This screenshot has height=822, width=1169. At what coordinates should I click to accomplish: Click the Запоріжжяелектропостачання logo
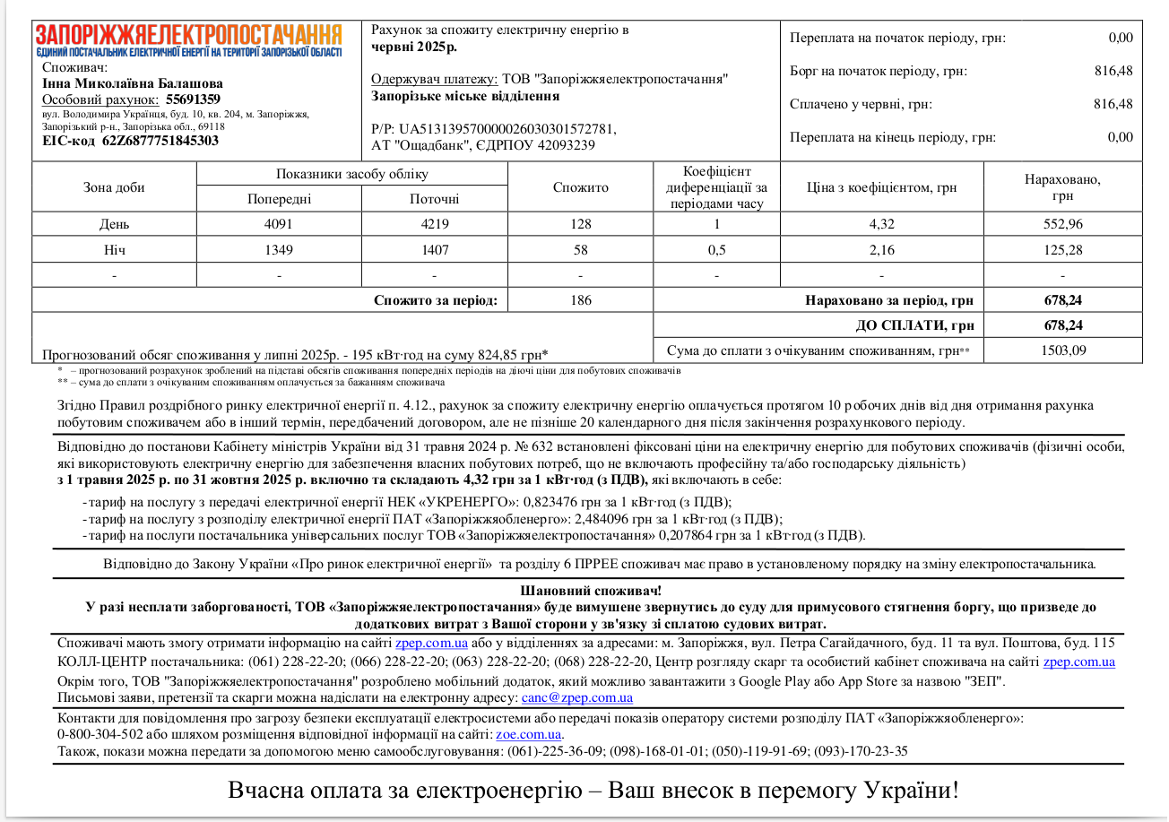[188, 40]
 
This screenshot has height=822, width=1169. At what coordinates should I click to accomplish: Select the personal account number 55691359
[193, 100]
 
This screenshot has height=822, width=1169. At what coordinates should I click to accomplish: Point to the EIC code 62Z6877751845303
[160, 141]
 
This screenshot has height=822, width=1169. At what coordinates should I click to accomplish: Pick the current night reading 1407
[435, 250]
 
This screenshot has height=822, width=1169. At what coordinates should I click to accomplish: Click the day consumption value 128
[580, 224]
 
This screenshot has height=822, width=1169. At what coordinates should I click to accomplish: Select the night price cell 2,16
[881, 250]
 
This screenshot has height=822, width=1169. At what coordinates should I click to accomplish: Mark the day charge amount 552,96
[1062, 224]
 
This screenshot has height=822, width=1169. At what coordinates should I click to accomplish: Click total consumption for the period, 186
[580, 300]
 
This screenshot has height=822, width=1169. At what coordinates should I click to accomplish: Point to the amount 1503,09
[1062, 350]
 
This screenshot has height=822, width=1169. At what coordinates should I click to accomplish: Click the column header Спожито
[580, 187]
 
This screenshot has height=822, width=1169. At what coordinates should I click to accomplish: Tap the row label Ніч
[114, 250]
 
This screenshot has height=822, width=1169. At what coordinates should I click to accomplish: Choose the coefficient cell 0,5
[717, 250]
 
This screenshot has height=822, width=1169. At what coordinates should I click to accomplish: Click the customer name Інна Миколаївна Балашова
[120, 83]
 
